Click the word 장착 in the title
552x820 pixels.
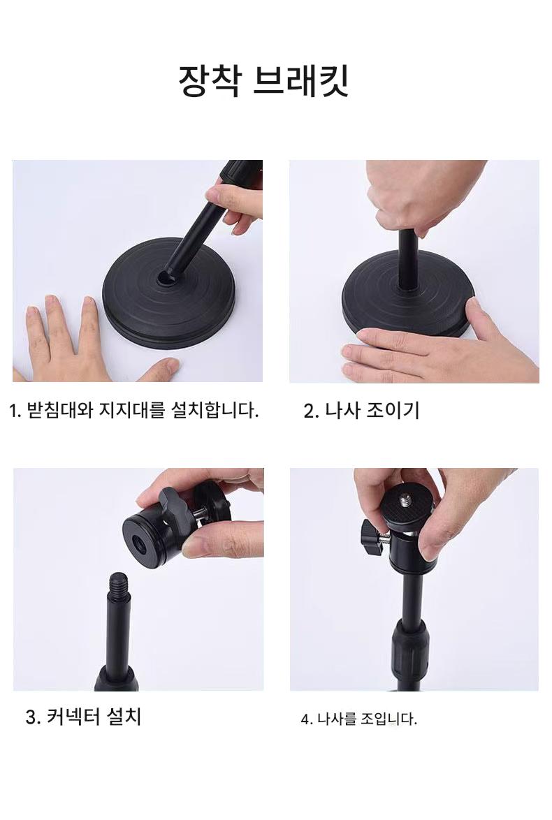click(x=210, y=80)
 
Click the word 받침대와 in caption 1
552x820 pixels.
click(x=59, y=409)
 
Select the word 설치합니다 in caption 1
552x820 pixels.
click(x=214, y=409)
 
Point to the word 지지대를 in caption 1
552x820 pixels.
click(x=132, y=409)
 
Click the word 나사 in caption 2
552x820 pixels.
click(x=342, y=409)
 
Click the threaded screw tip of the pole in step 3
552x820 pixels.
click(x=118, y=580)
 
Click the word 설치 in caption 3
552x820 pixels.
click(x=124, y=716)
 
